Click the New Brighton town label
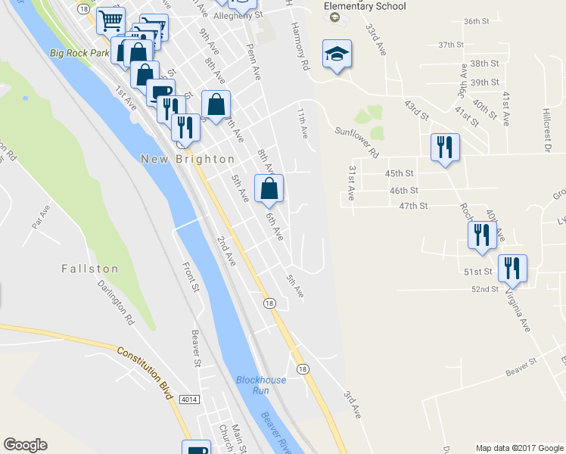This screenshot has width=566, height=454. click(x=188, y=159)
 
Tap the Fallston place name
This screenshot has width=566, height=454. click(x=90, y=269)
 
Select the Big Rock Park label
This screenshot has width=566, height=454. click(x=80, y=53)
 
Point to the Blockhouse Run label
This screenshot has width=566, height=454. click(x=261, y=385)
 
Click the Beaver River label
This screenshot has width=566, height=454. click(x=277, y=434)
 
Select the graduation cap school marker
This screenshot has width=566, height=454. click(x=337, y=54)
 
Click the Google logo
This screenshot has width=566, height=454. click(x=25, y=445)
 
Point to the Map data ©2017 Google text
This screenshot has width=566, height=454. click(x=518, y=448)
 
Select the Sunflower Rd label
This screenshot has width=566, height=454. click(x=357, y=141)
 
